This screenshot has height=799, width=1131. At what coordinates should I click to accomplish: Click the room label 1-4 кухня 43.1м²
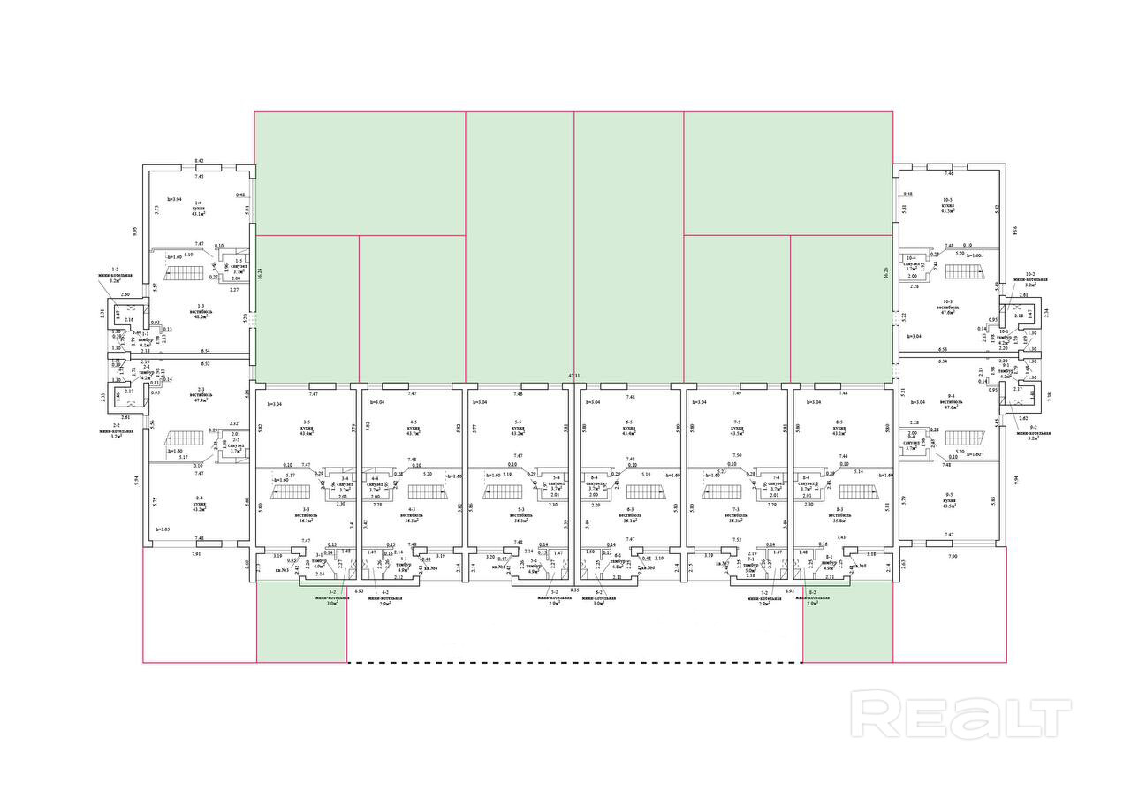pyautogui.click(x=199, y=209)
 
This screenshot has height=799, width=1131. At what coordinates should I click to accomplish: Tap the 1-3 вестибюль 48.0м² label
pyautogui.click(x=200, y=310)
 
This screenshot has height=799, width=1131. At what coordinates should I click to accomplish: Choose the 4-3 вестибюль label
pyautogui.click(x=411, y=516)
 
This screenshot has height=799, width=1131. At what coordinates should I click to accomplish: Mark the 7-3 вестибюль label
pyautogui.click(x=737, y=516)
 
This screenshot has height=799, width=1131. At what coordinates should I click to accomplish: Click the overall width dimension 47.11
pyautogui.click(x=574, y=376)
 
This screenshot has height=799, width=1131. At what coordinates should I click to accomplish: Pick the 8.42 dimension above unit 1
pyautogui.click(x=199, y=161)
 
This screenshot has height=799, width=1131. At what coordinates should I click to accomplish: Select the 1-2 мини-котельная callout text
pyautogui.click(x=115, y=274)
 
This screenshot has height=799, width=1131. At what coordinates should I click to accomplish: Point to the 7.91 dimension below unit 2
pyautogui.click(x=195, y=554)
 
